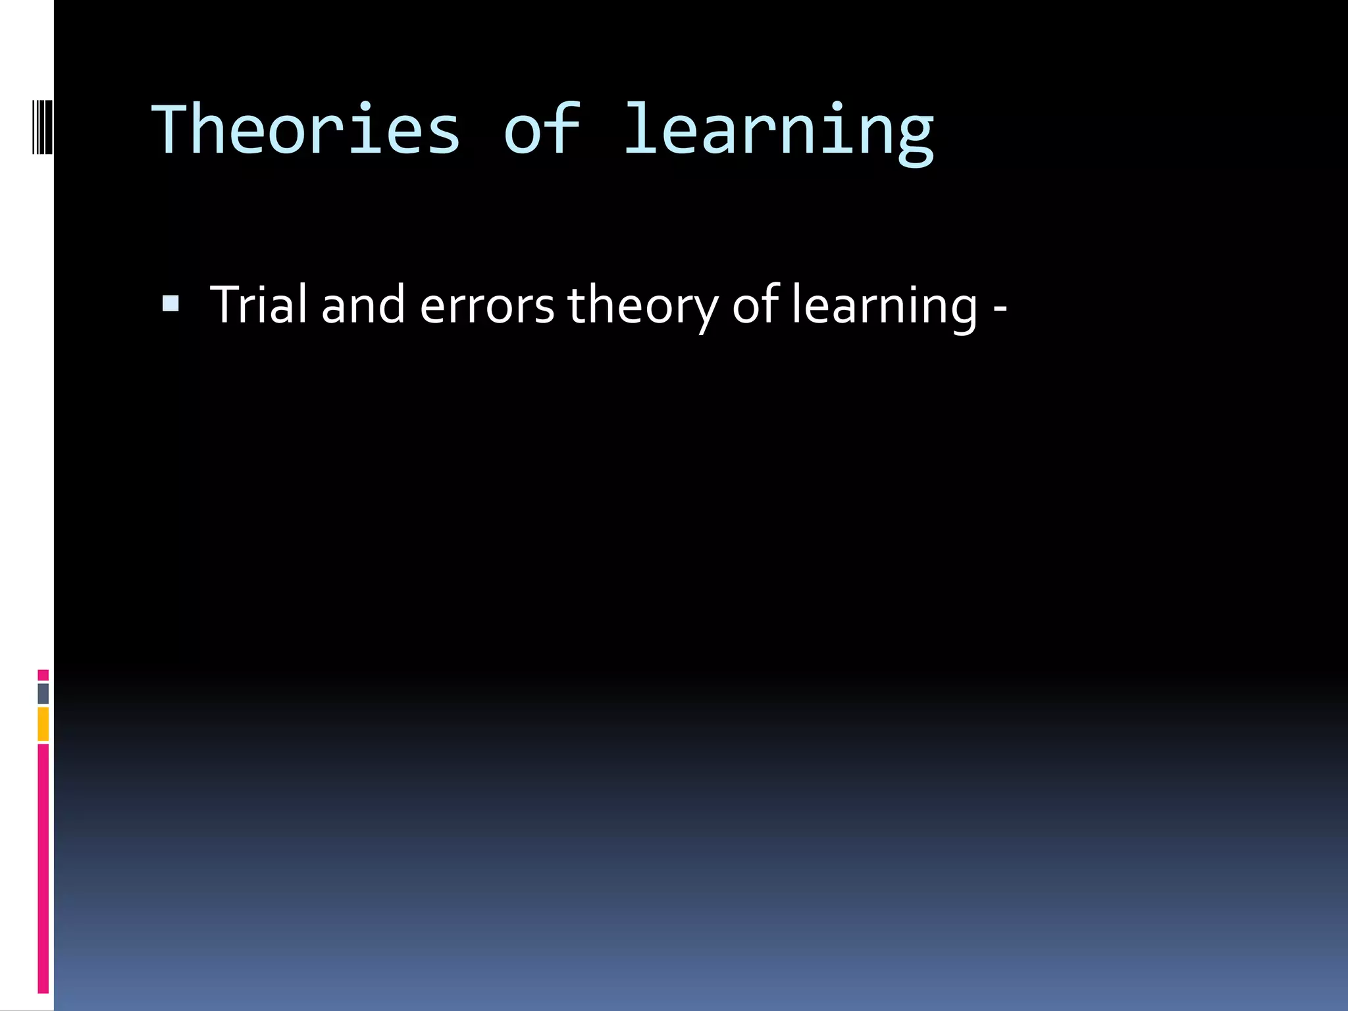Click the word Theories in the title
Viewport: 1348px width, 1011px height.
pos(306,130)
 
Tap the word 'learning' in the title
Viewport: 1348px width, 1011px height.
pos(778,132)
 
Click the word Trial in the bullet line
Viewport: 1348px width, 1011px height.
pos(259,304)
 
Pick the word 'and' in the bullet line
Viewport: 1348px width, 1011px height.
pos(363,305)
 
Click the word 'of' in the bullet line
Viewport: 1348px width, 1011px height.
pos(756,304)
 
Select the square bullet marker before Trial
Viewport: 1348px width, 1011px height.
pos(170,303)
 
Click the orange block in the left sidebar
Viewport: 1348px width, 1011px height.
pos(43,724)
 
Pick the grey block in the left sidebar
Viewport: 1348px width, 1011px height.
pos(43,693)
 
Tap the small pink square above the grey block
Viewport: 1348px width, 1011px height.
pos(43,675)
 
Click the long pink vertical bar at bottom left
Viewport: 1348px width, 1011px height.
pos(43,869)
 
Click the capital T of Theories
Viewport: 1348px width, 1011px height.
pos(172,130)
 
